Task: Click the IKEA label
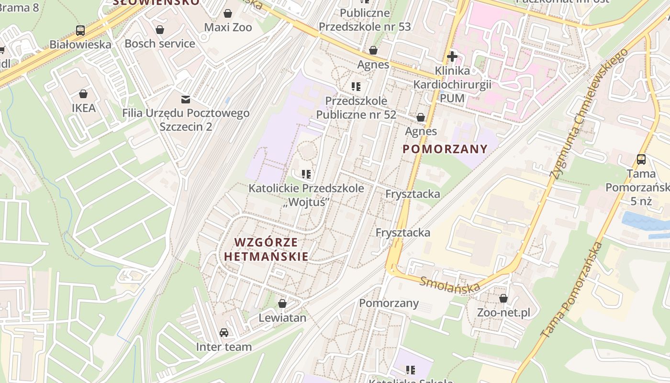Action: click(84, 108)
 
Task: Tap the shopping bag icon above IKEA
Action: click(84, 93)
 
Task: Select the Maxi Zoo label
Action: click(228, 27)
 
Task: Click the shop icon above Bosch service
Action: click(160, 30)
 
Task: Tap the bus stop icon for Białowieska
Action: click(80, 31)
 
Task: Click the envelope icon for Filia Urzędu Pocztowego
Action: click(185, 100)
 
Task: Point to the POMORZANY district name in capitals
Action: click(445, 149)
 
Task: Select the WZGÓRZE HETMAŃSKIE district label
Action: click(267, 249)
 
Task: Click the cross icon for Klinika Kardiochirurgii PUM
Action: click(452, 57)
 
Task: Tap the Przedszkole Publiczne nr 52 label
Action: click(356, 108)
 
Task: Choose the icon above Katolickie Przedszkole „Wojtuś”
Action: click(306, 174)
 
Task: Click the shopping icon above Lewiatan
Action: click(282, 304)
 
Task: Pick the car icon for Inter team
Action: click(223, 333)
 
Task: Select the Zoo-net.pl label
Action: click(503, 313)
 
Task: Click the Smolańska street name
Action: click(450, 284)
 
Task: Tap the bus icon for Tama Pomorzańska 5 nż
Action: click(641, 159)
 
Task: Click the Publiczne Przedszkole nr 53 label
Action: click(365, 20)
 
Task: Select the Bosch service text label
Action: click(160, 44)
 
